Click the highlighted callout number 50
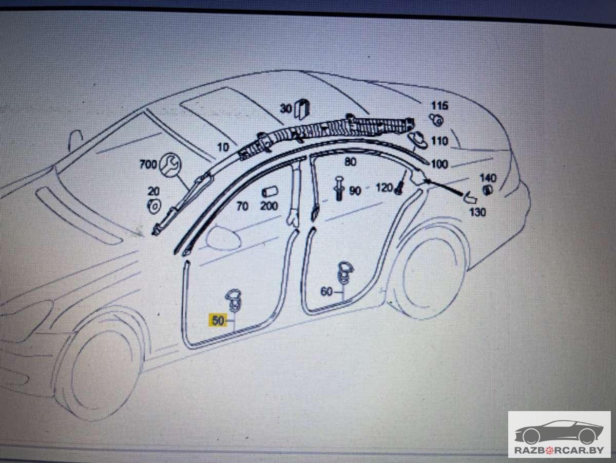[218, 321]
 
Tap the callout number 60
[326, 292]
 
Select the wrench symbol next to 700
[170, 163]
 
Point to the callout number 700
[148, 164]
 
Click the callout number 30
[286, 108]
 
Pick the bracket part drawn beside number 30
[302, 108]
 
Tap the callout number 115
[440, 106]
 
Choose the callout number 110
[439, 140]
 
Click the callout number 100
[439, 164]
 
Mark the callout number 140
[488, 178]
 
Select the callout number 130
[477, 212]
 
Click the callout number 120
[384, 188]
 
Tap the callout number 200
[269, 206]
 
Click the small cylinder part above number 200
[269, 192]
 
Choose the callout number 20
[153, 191]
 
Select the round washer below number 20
[153, 206]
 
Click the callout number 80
[350, 162]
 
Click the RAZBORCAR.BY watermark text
[559, 450]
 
